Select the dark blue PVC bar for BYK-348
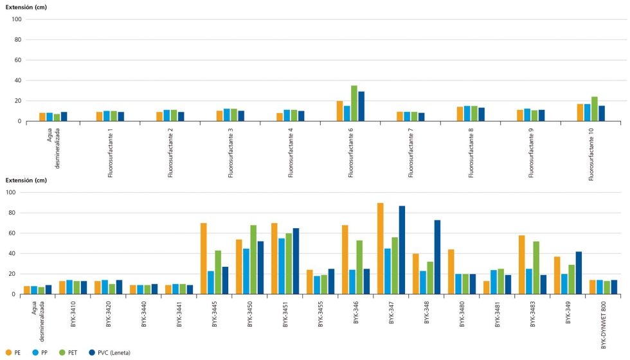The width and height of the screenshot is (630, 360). (438, 257)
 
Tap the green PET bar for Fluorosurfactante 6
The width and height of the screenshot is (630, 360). (354, 104)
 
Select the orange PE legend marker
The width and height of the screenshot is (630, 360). (8, 352)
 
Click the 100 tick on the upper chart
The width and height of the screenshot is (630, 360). (17, 19)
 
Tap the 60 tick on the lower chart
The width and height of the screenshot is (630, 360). (17, 233)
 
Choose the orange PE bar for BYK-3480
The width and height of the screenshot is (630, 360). (451, 272)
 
